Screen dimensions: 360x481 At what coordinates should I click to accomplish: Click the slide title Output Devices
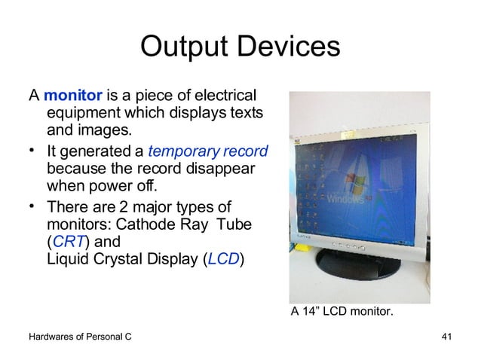[x=240, y=47]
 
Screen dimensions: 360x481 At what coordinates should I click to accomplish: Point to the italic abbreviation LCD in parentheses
[x=222, y=259]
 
